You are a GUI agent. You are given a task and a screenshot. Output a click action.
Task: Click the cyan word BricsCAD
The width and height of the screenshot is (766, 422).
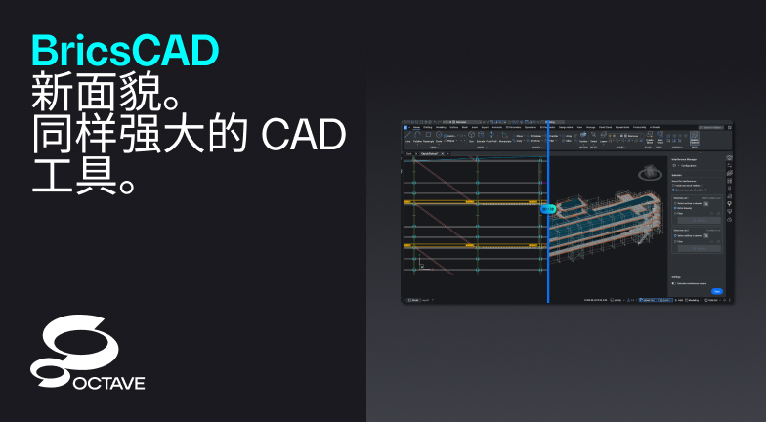124,48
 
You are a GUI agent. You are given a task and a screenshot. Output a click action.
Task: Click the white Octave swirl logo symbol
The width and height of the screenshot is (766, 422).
73,350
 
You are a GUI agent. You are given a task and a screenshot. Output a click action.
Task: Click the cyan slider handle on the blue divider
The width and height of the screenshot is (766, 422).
548,208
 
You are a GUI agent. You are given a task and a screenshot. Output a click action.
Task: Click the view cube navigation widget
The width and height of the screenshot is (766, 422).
646,174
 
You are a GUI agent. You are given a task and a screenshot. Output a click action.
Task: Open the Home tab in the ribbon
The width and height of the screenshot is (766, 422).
416,128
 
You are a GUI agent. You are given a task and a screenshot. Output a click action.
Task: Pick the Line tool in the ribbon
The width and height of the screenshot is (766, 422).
407,139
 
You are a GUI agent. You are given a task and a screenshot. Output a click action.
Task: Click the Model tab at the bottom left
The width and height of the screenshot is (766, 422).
414,299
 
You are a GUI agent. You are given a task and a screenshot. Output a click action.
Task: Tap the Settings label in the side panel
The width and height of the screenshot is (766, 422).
677,276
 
